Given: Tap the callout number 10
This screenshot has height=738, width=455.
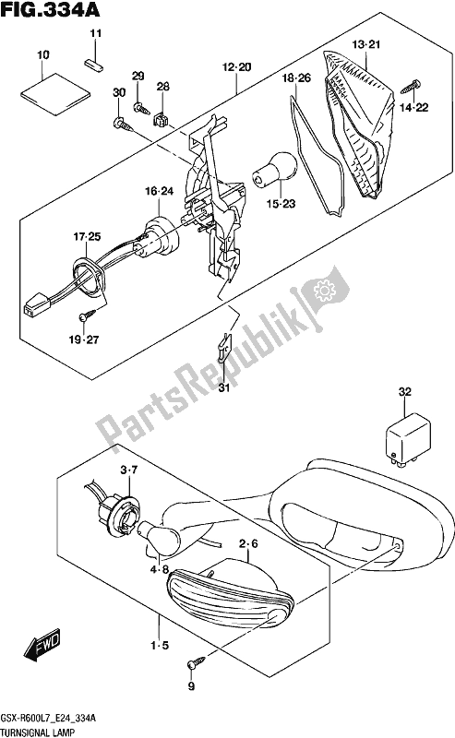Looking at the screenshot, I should coord(42,56).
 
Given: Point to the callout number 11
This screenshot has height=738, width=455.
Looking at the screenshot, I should coord(94,34).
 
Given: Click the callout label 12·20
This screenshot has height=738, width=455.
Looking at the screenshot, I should coord(235,66).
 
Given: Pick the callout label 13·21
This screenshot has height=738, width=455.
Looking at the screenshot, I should coord(365,43).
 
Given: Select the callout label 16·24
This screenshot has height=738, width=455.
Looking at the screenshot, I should coord(159,192).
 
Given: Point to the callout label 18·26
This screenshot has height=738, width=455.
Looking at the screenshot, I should coord(298,79).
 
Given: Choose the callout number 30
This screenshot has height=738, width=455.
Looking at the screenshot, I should coord(117,93).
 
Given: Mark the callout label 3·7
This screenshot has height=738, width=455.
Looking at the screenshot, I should coord(130,472).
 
